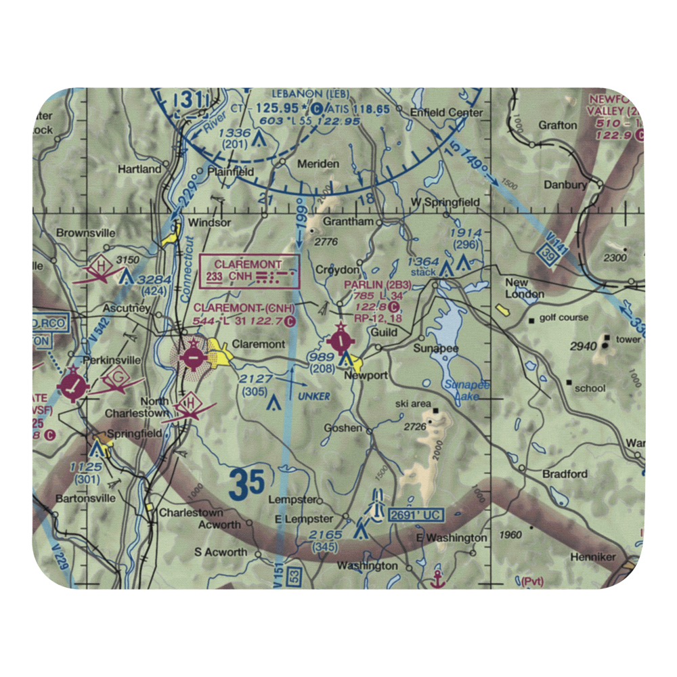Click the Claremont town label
click(258, 344)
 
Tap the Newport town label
click(366, 375)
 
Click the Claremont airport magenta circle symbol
click(193, 354)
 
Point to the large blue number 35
click(246, 485)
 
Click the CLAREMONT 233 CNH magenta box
click(250, 271)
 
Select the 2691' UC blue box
click(416, 516)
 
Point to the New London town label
click(525, 288)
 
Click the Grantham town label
click(348, 221)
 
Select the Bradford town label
click(565, 474)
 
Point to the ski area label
click(413, 404)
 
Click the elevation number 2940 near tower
click(583, 347)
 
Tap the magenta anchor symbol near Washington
click(437, 579)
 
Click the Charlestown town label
click(190, 512)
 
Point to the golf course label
click(563, 318)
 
